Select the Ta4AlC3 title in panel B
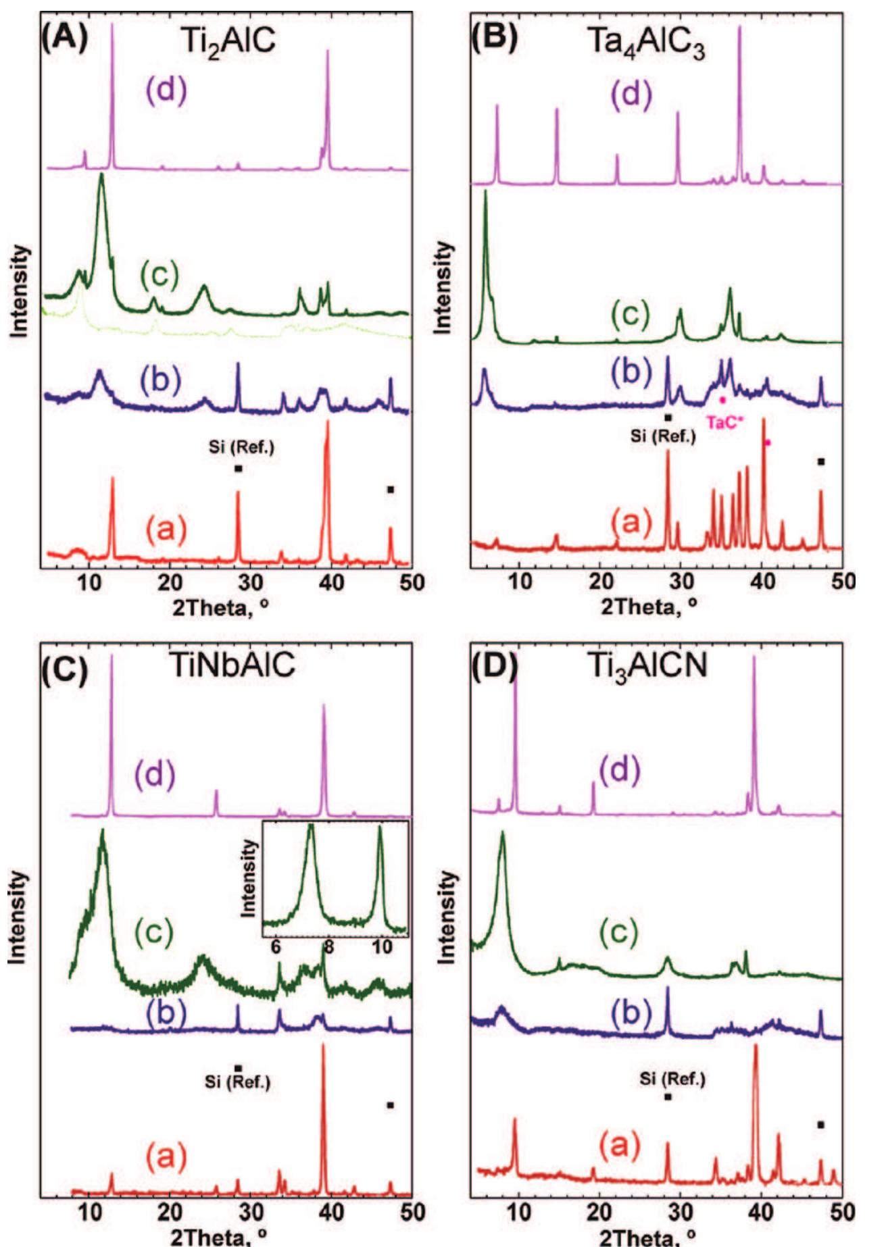click(x=647, y=44)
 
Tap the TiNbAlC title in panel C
click(x=233, y=665)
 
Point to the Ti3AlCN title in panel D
click(x=647, y=665)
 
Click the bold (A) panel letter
click(x=65, y=39)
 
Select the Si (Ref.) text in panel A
click(x=241, y=448)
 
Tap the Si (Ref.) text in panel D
click(x=672, y=1080)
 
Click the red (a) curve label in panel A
click(x=166, y=530)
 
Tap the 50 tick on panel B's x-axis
click(x=842, y=582)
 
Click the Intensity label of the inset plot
click(x=249, y=877)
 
